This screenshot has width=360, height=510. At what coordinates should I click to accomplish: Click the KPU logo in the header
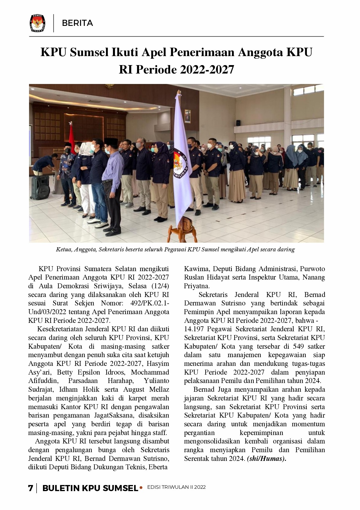[37, 23]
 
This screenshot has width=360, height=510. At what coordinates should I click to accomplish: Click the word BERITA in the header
[78, 23]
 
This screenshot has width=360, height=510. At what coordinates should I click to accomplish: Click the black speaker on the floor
[40, 187]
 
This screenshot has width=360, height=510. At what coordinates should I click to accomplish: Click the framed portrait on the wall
[188, 115]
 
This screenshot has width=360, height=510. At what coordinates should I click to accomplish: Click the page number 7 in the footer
[30, 488]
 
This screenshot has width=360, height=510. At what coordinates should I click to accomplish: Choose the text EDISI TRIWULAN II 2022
[177, 487]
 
